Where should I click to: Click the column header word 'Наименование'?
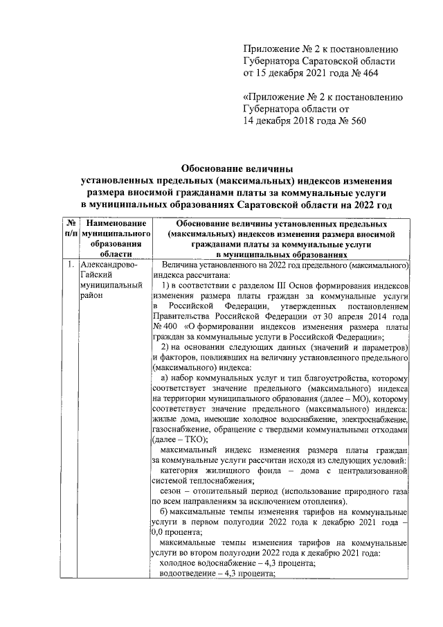tap(116, 224)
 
